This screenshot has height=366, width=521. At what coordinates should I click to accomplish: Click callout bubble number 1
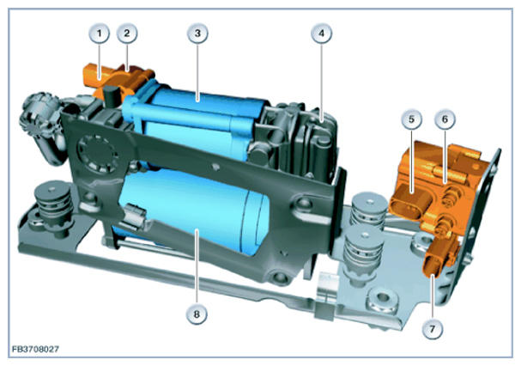coord(99,34)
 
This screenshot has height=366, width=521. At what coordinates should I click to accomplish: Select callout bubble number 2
coord(127,34)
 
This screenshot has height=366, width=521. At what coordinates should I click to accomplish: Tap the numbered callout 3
coord(197,34)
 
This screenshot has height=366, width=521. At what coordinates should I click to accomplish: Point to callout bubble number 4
coord(321,34)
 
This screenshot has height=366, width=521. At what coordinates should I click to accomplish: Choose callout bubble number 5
coord(411,119)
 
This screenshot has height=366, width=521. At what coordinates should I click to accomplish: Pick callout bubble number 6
coord(445,119)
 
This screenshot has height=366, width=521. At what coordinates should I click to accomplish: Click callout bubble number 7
coord(433,329)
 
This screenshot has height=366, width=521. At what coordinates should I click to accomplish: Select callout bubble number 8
coord(197,314)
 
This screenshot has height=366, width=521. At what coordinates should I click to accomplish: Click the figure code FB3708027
coord(35,350)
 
